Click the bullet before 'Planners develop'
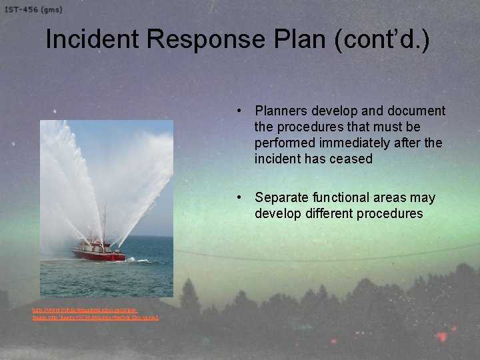click(x=238, y=111)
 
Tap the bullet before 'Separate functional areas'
click(x=238, y=197)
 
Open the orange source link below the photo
click(x=95, y=313)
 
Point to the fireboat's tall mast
click(x=104, y=223)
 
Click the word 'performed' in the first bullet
click(x=284, y=143)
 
